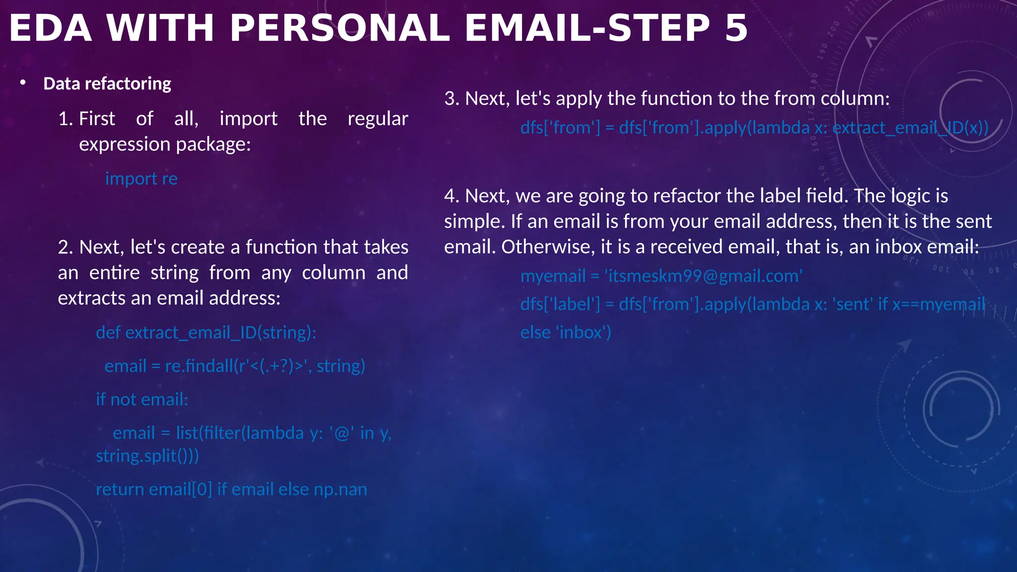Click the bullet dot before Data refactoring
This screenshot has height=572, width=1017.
point(23,83)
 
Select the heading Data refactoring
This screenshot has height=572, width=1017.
point(107,83)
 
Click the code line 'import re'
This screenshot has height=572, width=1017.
point(141,179)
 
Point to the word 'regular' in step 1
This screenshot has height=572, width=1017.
point(377,119)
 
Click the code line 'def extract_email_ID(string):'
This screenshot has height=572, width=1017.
point(206,332)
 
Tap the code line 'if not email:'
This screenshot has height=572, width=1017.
point(142,399)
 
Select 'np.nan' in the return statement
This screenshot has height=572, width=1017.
point(340,490)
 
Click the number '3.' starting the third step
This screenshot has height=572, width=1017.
point(452,98)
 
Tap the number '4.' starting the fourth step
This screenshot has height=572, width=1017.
point(452,196)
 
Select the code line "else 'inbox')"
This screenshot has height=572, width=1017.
point(566,332)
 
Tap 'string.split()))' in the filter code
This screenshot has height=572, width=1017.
point(147,456)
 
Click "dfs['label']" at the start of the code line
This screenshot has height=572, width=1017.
point(560,304)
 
